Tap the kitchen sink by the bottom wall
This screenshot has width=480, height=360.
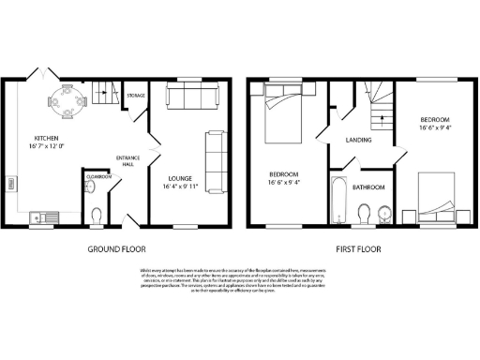41,214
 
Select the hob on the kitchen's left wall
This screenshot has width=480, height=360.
12,188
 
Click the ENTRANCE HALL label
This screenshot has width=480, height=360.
127,159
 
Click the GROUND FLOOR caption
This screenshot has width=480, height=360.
115,250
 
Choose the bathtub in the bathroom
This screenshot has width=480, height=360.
339,200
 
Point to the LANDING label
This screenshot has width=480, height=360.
358,140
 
